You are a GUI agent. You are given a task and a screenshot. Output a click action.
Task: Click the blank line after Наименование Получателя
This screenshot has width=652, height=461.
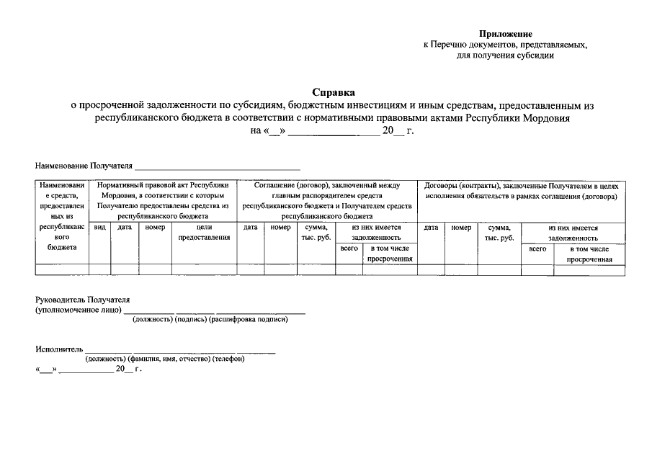click(217, 166)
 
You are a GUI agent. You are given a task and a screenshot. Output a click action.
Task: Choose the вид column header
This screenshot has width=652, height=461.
click(100, 227)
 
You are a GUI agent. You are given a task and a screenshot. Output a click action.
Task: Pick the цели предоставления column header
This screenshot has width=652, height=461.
click(204, 232)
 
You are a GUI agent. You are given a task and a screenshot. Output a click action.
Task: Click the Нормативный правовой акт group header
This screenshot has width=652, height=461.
click(163, 200)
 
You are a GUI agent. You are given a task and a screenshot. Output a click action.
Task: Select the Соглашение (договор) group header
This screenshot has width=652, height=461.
click(327, 200)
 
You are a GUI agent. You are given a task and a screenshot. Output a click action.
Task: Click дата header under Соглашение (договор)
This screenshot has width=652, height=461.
click(251, 227)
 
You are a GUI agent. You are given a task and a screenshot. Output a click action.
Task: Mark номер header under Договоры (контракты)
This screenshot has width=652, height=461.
click(461, 227)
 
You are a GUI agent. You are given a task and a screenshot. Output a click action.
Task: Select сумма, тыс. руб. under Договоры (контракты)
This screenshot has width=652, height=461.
click(499, 232)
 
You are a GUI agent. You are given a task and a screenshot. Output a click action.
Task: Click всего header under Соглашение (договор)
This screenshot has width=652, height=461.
click(349, 249)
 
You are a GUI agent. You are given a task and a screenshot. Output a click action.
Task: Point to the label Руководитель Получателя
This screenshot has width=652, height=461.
click(84, 299)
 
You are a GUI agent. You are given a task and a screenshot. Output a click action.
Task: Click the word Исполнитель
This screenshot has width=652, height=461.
click(60, 349)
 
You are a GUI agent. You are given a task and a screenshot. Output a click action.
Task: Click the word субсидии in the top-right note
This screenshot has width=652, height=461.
click(536, 55)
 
